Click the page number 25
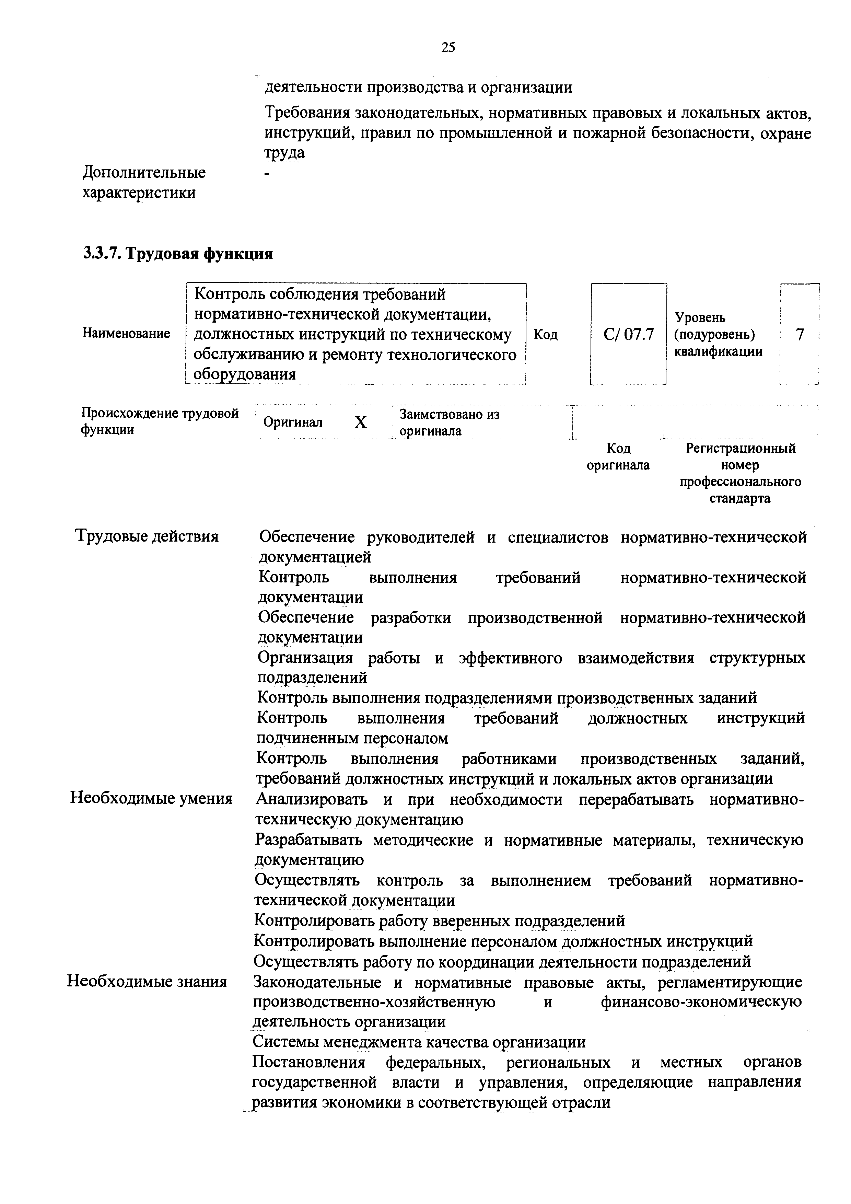click(x=448, y=48)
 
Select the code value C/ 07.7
click(x=628, y=334)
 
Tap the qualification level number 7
click(x=799, y=334)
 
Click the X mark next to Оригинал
click(x=360, y=422)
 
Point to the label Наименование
click(x=126, y=334)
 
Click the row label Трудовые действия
click(x=147, y=536)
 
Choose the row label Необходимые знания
click(x=147, y=981)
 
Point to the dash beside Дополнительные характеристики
click(x=267, y=173)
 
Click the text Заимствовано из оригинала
click(x=450, y=422)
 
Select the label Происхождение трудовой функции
click(x=160, y=421)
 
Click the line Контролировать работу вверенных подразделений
click(x=439, y=921)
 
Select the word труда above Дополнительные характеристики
click(x=284, y=153)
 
